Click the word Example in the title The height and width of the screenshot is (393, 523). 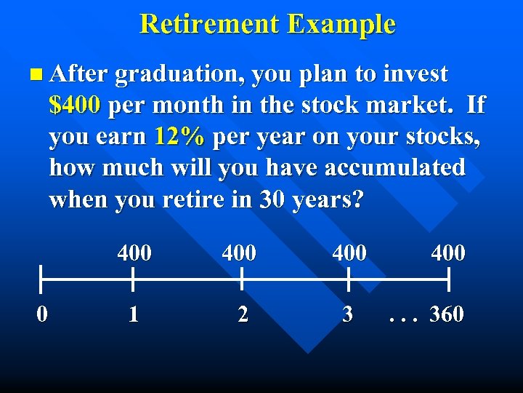point(341,24)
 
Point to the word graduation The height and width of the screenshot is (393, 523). point(176,74)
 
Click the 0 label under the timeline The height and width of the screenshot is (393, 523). point(43,314)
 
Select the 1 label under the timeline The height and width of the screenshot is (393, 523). point(133,314)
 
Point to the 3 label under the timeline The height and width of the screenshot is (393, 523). point(348,314)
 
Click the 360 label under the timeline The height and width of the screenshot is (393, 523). point(447,314)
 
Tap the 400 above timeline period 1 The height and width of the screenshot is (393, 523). point(134,253)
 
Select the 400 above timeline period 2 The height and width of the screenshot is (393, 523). point(239,253)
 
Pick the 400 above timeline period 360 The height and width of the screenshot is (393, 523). point(448,253)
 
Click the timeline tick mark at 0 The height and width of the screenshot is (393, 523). point(42,279)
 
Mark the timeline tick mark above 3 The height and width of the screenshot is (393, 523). point(349,279)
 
